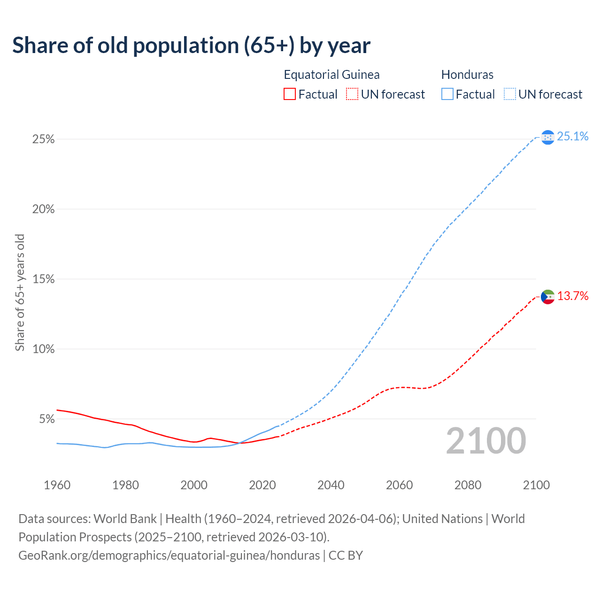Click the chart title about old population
click(x=191, y=46)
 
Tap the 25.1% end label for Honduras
click(x=572, y=137)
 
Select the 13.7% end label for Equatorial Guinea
click(x=572, y=296)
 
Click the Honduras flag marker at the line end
click(x=547, y=137)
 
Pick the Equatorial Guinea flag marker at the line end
click(x=547, y=297)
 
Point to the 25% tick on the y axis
click(x=43, y=139)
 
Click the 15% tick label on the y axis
click(x=43, y=279)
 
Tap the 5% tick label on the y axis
click(x=46, y=419)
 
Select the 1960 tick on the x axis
click(x=57, y=485)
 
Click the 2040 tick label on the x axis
click(x=331, y=485)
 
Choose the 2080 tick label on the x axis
click(x=468, y=485)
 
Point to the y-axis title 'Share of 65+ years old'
click(x=20, y=293)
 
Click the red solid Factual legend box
click(x=290, y=94)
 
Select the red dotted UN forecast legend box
click(x=352, y=94)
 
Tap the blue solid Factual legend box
click(x=447, y=94)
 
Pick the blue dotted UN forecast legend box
click(x=509, y=94)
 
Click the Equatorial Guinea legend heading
click(x=331, y=75)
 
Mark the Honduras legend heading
click(x=467, y=75)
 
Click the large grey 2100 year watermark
click(x=486, y=441)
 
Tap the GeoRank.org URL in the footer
click(x=169, y=555)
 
